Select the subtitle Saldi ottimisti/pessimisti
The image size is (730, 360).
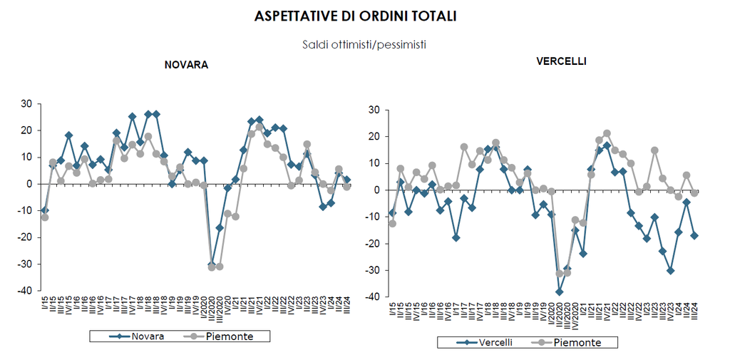(364, 44)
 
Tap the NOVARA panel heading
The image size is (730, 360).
(186, 65)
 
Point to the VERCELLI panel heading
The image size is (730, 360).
(561, 62)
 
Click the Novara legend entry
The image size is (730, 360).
(140, 336)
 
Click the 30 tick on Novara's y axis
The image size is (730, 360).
(26, 104)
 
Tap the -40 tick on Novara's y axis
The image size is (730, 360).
(24, 292)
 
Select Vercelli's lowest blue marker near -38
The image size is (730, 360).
(560, 292)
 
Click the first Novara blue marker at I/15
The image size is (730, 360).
(45, 210)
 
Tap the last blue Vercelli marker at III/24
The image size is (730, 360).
(694, 235)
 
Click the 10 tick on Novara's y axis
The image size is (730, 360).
(26, 158)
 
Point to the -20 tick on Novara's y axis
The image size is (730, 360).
(24, 237)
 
